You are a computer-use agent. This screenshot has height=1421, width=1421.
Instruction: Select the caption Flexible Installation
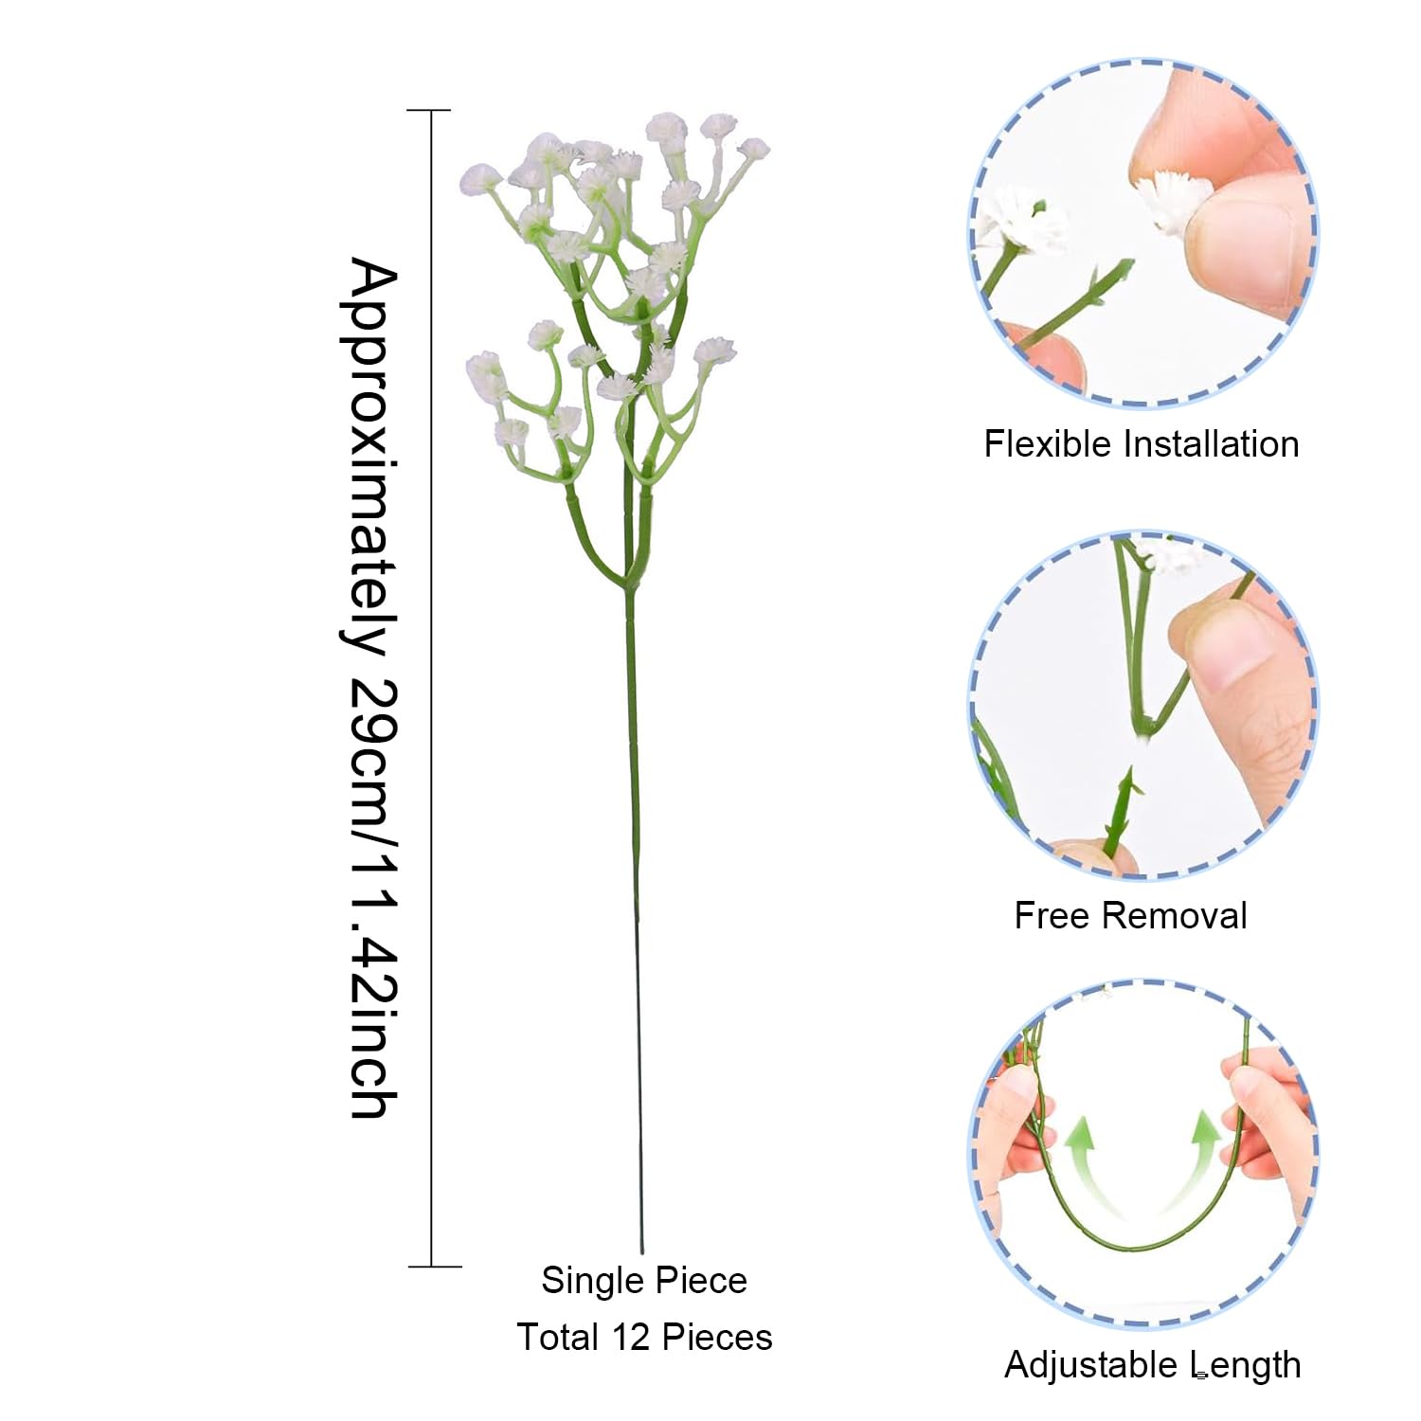1141,443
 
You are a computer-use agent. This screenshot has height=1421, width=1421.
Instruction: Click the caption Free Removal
1130,915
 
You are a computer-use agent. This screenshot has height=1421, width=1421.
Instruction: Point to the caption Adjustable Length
1152,1365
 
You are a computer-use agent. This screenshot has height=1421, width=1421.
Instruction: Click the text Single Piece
644,1281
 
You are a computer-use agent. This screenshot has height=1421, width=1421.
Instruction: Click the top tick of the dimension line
429,111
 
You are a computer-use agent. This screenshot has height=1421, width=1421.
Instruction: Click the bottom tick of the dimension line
435,1266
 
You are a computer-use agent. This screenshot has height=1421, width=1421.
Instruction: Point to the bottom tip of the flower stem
642,1252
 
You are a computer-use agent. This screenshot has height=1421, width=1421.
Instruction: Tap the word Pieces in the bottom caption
717,1337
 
